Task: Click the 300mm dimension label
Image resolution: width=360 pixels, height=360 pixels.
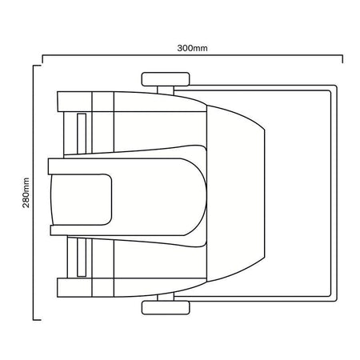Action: click(x=192, y=48)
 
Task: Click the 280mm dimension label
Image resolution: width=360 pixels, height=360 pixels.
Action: click(x=26, y=193)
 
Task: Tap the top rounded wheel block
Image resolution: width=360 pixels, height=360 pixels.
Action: click(x=166, y=79)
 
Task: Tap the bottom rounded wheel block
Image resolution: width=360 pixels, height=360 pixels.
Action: click(x=166, y=308)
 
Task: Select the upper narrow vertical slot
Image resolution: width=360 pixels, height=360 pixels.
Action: click(x=82, y=134)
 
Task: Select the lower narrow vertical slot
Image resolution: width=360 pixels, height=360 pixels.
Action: click(x=82, y=258)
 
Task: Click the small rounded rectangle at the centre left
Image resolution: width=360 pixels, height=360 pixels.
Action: click(x=81, y=199)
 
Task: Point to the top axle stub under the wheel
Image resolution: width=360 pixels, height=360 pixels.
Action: click(x=166, y=90)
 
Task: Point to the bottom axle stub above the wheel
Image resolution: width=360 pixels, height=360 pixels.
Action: click(x=166, y=297)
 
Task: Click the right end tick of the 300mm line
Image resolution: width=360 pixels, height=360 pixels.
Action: click(x=342, y=59)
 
